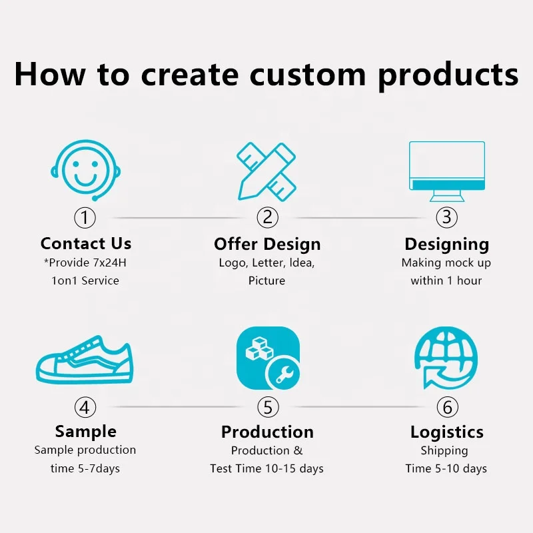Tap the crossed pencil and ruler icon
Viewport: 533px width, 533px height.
(x=266, y=171)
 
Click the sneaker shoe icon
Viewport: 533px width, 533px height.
(x=84, y=366)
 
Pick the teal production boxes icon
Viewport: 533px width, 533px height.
(x=268, y=358)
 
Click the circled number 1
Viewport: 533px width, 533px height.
(x=85, y=217)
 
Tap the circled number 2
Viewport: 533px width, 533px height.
(x=267, y=217)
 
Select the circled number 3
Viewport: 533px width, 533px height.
(x=447, y=217)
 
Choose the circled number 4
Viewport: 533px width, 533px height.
(x=85, y=406)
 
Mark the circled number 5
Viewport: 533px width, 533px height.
(x=267, y=406)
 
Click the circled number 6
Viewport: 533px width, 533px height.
(x=447, y=406)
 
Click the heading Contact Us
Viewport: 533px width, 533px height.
(x=86, y=244)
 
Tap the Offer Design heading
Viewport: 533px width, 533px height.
(x=267, y=244)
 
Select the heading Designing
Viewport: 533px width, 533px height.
(x=446, y=244)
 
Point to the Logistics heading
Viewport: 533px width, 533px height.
(x=446, y=432)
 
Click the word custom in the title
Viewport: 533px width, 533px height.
(x=312, y=75)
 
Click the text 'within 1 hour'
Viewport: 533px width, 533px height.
(x=446, y=280)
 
